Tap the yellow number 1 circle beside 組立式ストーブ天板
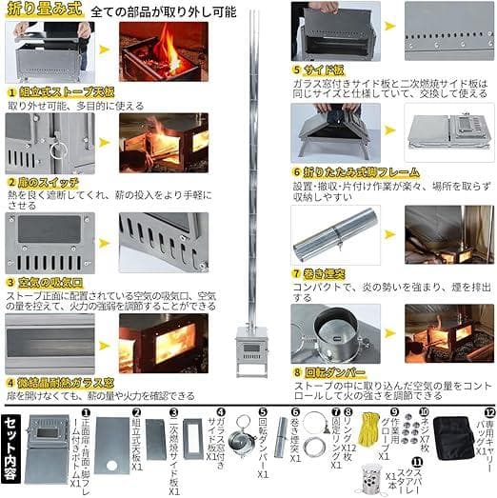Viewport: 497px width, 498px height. click(x=10, y=91)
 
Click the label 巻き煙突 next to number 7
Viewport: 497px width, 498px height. click(x=327, y=272)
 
